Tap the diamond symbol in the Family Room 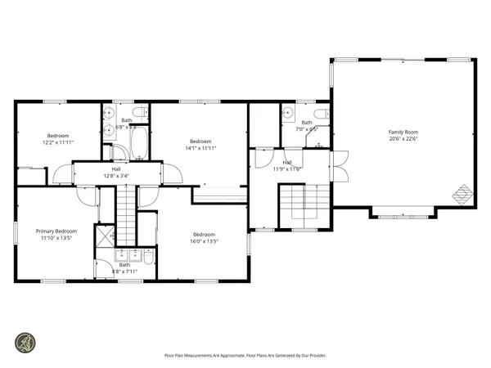tap(463, 195)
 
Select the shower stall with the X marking tap(105, 236)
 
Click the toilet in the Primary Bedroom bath tap(150, 258)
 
